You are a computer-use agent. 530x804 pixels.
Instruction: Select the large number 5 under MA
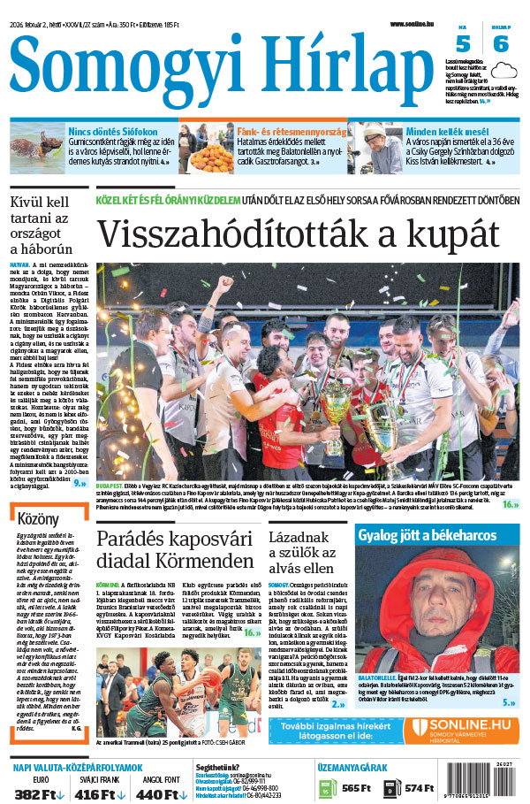click(462, 44)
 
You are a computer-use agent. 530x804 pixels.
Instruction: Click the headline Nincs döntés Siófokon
click(114, 131)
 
